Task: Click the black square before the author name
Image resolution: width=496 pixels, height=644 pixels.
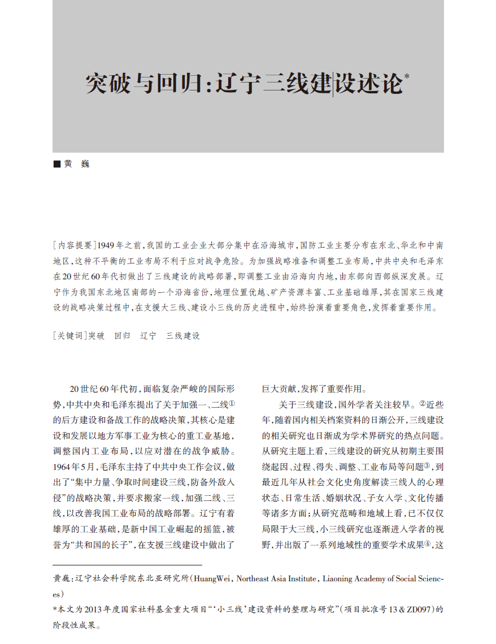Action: (x=56, y=164)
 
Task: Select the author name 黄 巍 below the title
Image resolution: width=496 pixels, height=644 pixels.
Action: (x=77, y=164)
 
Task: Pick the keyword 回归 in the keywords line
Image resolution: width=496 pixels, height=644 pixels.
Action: (x=122, y=335)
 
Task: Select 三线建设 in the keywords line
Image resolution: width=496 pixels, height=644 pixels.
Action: (x=183, y=335)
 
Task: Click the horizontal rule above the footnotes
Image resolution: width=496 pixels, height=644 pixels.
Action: (x=127, y=564)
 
